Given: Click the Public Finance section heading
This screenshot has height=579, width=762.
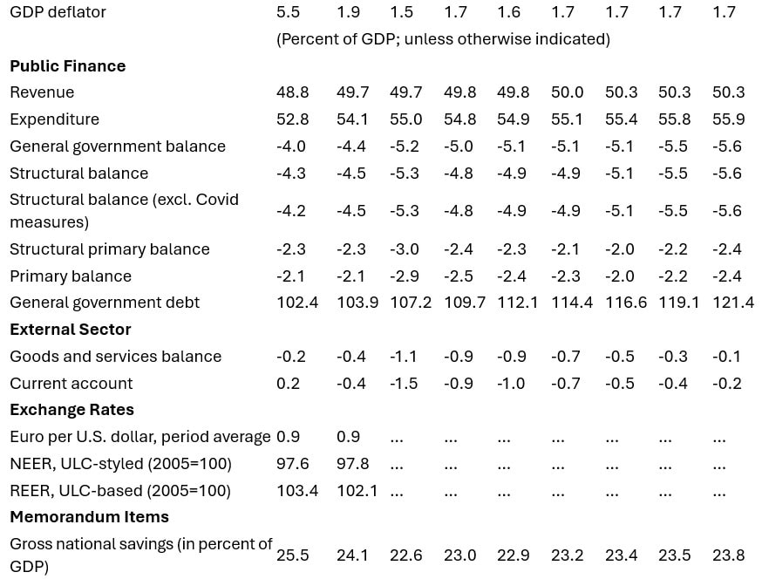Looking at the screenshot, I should (x=67, y=66).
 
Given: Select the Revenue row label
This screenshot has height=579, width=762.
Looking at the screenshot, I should (x=42, y=92).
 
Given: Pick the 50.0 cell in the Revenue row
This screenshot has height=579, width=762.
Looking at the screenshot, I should (x=567, y=92).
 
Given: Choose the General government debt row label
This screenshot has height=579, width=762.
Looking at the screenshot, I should (x=105, y=303).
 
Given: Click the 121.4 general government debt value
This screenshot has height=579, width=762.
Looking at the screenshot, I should (x=732, y=303).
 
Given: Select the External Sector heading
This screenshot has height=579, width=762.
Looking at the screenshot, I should (x=70, y=330).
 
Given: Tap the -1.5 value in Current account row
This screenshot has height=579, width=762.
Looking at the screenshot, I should (x=404, y=384).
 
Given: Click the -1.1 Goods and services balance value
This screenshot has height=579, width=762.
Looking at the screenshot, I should (x=404, y=357).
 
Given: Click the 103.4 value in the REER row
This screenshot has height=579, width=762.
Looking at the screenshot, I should (x=297, y=491).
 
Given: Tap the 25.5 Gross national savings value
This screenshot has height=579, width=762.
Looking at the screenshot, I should (x=293, y=555).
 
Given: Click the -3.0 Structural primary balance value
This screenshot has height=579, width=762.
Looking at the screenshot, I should (x=404, y=249).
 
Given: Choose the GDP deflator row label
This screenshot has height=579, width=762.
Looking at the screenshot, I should (x=58, y=12).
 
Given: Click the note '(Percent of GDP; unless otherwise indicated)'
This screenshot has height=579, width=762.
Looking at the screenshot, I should (x=443, y=39).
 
